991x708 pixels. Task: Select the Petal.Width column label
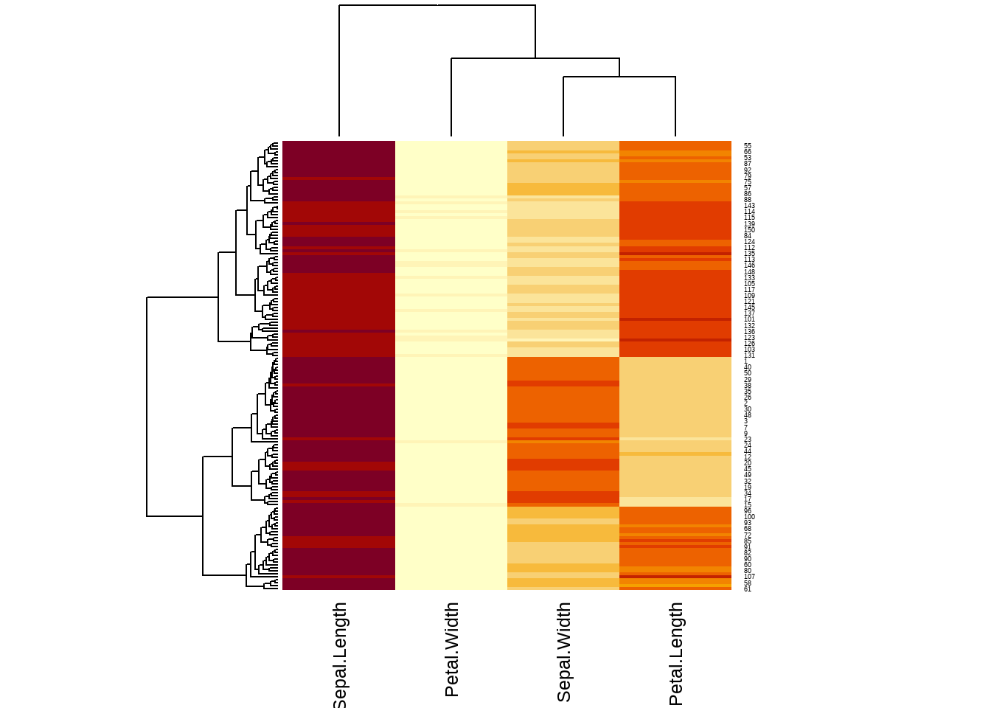[x=452, y=649]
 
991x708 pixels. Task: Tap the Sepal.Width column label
[x=564, y=652]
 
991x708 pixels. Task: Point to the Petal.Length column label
[x=676, y=653]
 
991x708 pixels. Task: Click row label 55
[x=748, y=146]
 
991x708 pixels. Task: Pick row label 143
[x=749, y=206]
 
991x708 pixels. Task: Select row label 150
[x=749, y=230]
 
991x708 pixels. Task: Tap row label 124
[x=749, y=242]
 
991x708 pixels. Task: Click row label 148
[x=749, y=272]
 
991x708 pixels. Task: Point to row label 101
[x=749, y=319]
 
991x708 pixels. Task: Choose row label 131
[x=749, y=355]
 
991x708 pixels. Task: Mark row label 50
[x=748, y=373]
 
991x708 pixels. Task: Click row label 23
[x=748, y=440]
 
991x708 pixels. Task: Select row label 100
[x=749, y=517]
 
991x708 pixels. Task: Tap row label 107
[x=749, y=577]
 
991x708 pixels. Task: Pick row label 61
[x=748, y=589]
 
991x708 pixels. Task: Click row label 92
[x=748, y=170]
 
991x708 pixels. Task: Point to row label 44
[x=748, y=451]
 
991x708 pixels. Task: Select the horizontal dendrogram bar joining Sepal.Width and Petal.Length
[x=619, y=77]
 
